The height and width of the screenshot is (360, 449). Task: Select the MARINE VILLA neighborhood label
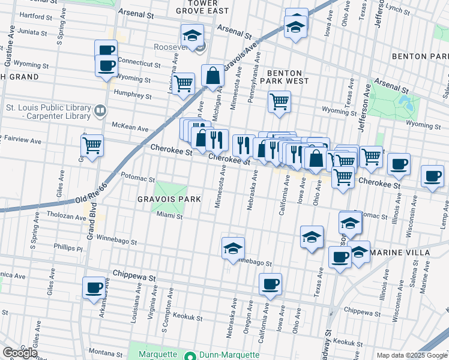point(400,253)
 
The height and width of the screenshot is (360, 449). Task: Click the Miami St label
point(170,216)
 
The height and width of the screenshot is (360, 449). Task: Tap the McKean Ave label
point(130,128)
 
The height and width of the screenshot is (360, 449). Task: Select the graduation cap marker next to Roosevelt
point(192,34)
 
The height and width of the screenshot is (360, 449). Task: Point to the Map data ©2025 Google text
point(411,355)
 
